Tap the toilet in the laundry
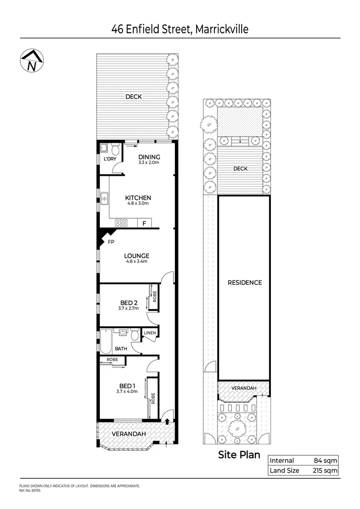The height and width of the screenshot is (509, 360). [115, 150]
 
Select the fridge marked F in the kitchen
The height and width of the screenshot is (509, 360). [144, 223]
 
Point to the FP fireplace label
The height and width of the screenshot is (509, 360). [111, 242]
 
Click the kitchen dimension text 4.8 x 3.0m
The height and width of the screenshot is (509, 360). [137, 204]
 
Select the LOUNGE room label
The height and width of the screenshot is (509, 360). [137, 256]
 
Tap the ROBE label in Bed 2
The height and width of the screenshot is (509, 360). [154, 297]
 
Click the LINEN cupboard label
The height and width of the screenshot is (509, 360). [150, 333]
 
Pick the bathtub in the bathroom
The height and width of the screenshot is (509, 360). [105, 342]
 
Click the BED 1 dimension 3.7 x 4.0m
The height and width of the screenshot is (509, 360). [128, 391]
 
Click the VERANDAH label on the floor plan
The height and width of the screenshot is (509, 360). [129, 434]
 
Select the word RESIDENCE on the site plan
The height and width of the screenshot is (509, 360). [245, 283]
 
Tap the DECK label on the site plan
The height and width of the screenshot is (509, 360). [240, 169]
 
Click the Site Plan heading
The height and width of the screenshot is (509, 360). [239, 455]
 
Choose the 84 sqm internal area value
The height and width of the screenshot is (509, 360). [326, 460]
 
